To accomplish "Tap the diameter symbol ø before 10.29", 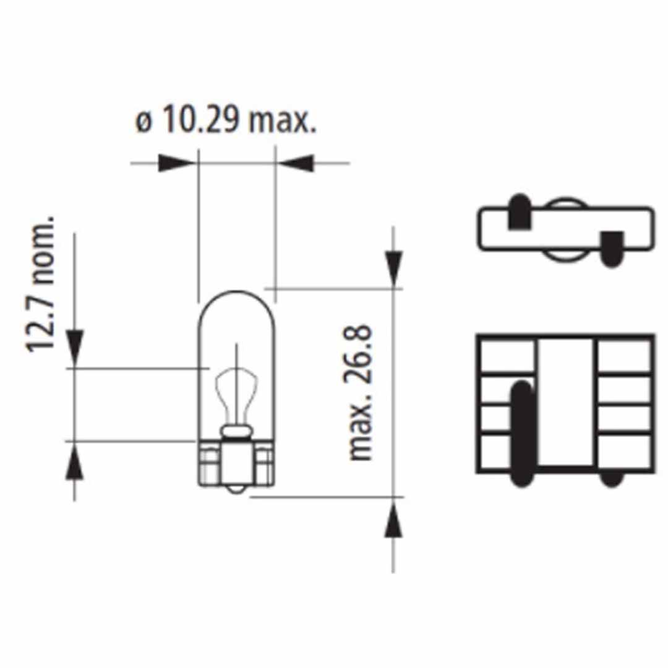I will (143, 122).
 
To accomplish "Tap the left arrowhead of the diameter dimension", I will (176, 163).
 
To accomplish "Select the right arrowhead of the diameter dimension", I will (296, 163).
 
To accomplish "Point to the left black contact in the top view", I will (520, 213).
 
